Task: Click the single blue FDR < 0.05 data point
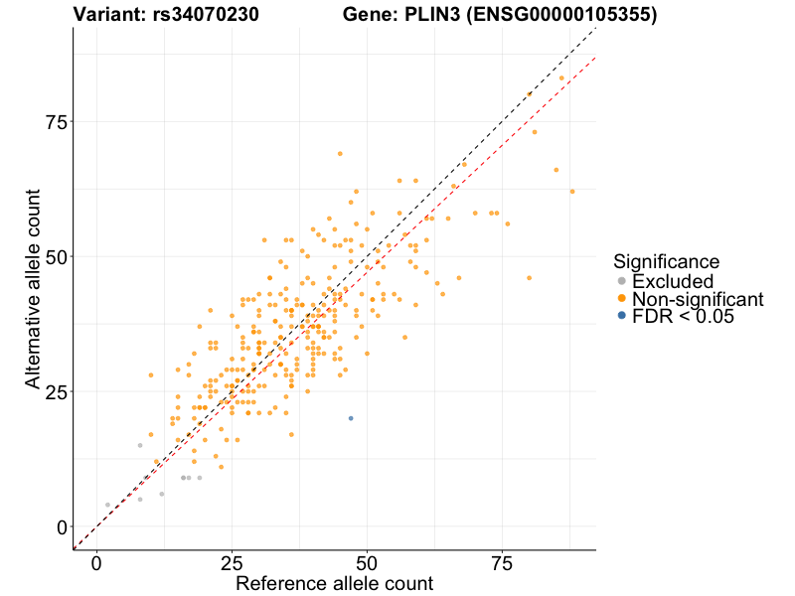(x=351, y=418)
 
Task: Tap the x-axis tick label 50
(x=368, y=562)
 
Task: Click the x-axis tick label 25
(x=232, y=562)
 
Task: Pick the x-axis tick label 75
(x=503, y=562)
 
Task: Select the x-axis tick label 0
(x=96, y=562)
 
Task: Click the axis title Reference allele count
(x=334, y=583)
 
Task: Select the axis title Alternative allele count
(x=33, y=289)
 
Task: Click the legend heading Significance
(x=666, y=262)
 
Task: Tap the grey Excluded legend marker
(x=622, y=281)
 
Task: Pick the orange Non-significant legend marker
(x=622, y=299)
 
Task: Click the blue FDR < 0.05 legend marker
(x=622, y=316)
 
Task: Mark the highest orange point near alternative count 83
(x=561, y=77)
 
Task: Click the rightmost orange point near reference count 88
(x=572, y=191)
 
